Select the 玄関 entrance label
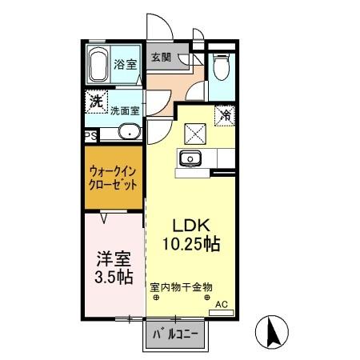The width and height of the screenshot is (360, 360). (x=160, y=58)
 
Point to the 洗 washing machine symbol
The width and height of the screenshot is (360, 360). (x=97, y=102)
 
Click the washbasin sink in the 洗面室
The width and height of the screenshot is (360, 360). (x=127, y=133)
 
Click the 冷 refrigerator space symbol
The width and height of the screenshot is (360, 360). (x=225, y=114)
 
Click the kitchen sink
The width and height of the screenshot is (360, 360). (x=190, y=159)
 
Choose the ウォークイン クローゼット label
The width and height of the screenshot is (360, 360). (x=113, y=177)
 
